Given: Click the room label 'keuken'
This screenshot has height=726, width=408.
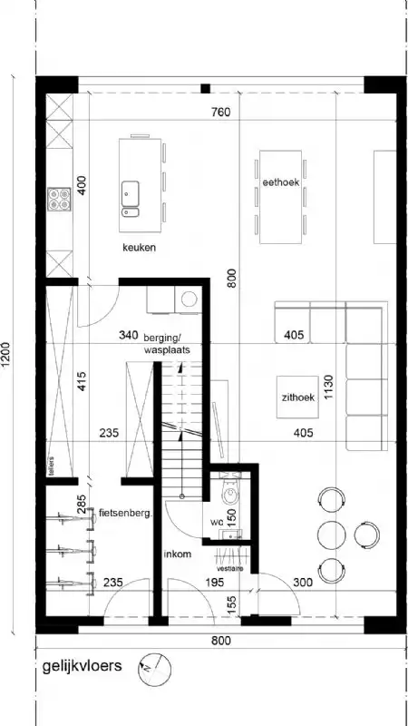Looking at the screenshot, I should [x=140, y=247].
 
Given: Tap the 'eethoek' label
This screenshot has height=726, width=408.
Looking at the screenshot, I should [x=281, y=181].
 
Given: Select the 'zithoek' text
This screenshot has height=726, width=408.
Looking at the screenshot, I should [x=297, y=397].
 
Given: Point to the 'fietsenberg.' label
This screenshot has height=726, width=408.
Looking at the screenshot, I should [x=124, y=513].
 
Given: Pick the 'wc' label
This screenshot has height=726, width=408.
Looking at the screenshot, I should [x=217, y=524].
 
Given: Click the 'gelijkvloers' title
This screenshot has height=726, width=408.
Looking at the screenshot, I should [x=81, y=667].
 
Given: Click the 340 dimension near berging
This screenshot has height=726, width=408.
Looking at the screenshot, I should [x=129, y=336].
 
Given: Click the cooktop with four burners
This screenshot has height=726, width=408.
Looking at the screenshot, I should [x=60, y=200].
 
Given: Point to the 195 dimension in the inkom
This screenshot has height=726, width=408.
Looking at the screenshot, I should [x=215, y=583].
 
